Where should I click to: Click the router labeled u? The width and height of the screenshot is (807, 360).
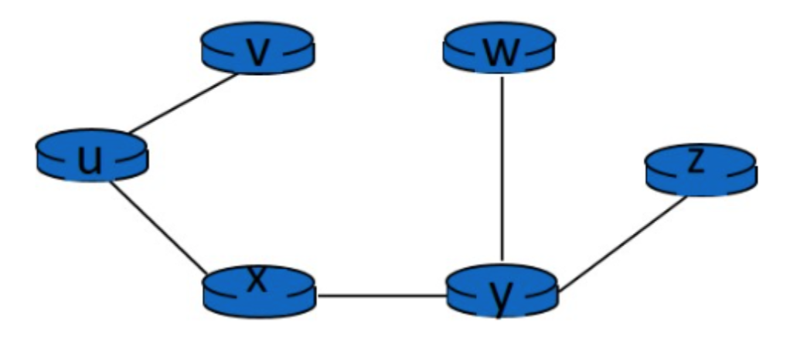coord(91,156)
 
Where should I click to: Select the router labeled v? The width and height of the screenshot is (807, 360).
coord(257,49)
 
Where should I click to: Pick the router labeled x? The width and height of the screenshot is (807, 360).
coord(259,290)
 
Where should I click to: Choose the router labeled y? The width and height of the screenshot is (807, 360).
coord(502,291)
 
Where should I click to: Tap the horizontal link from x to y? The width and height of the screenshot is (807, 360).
coord(383,295)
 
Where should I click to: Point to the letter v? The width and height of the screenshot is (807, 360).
coord(257,51)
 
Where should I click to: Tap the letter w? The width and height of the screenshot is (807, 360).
coord(499,51)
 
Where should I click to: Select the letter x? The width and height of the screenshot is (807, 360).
coord(257,280)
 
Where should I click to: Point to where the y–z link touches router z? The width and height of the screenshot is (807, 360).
coord(686,197)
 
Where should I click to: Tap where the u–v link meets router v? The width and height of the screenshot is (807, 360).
coord(236,74)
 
